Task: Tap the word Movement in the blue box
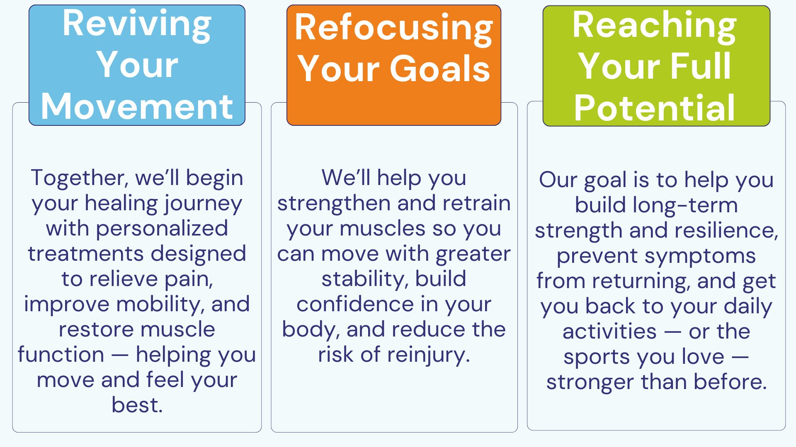[137, 107]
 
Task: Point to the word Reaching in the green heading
[654, 26]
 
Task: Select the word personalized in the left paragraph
[162, 229]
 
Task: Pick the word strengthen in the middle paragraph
[334, 204]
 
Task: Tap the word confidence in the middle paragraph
[355, 305]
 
